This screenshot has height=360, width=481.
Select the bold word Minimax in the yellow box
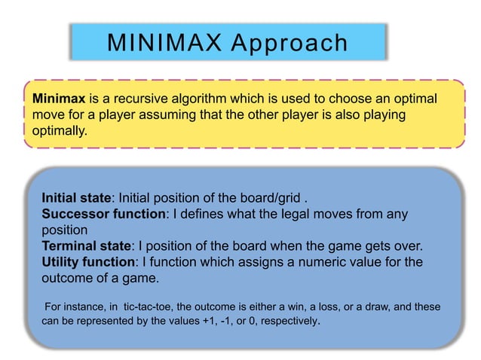coord(59,99)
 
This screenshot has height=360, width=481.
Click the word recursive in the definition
coord(133,99)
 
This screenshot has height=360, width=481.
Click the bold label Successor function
coord(103,214)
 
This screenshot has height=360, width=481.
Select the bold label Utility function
coord(90,261)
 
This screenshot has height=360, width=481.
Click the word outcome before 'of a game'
coord(66,277)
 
